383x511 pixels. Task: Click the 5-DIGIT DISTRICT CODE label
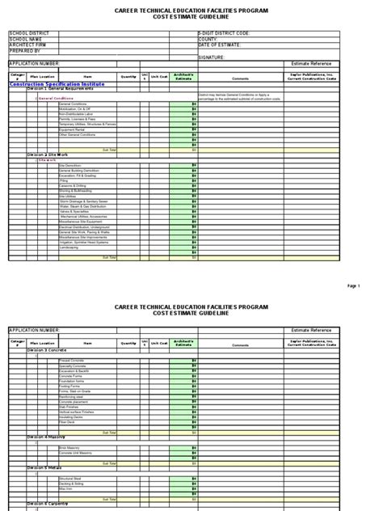223,35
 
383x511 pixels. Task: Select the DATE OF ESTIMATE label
219,44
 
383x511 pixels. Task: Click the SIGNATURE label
211,57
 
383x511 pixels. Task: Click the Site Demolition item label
69,165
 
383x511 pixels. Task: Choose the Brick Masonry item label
68,446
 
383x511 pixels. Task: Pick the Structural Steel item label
69,479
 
